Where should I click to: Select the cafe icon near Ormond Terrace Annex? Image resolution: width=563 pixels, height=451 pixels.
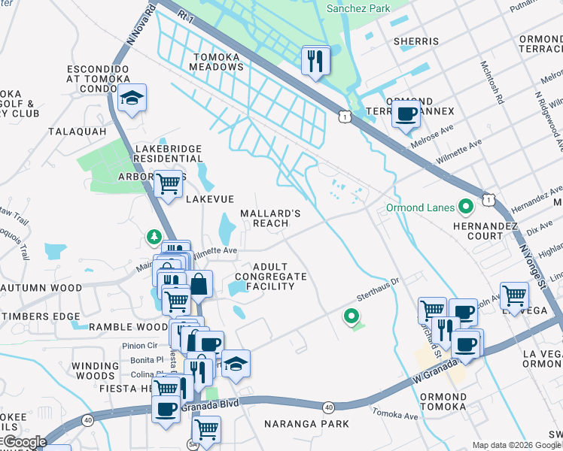[x=406, y=115]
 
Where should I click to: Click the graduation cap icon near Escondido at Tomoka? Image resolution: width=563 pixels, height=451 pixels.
[x=132, y=98]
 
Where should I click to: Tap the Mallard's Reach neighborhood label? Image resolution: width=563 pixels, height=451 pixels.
[x=269, y=218]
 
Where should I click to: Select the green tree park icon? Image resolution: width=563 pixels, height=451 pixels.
[x=154, y=238]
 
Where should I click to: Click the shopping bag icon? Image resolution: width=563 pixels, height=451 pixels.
[x=199, y=284]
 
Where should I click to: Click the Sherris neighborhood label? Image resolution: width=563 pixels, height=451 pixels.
[x=415, y=41]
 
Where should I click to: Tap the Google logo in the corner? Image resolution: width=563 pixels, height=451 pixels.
[x=24, y=442]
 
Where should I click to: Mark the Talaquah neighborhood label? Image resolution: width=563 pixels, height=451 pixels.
[x=77, y=131]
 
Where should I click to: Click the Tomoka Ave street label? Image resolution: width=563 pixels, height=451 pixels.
[x=396, y=415]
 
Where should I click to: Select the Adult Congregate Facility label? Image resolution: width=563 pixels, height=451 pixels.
[x=270, y=277]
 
